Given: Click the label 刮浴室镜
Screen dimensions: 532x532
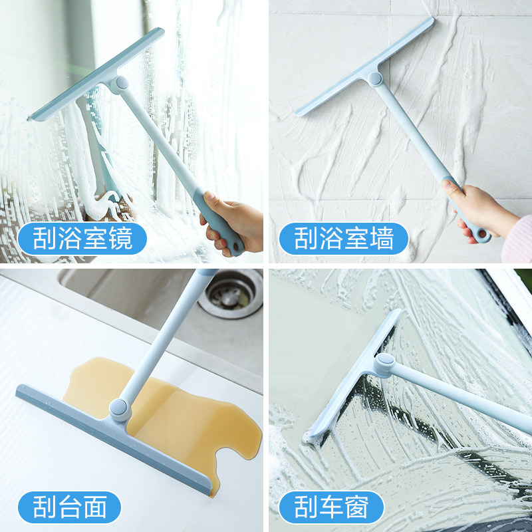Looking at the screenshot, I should coord(74,238).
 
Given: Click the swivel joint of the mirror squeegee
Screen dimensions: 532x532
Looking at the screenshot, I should coord(121,84).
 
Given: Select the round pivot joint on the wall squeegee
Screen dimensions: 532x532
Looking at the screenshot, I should coord(375,78).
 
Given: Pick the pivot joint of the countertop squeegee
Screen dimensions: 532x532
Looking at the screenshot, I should coord(120,408).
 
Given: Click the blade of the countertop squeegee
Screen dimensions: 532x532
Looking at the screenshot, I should coord(113,432).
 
